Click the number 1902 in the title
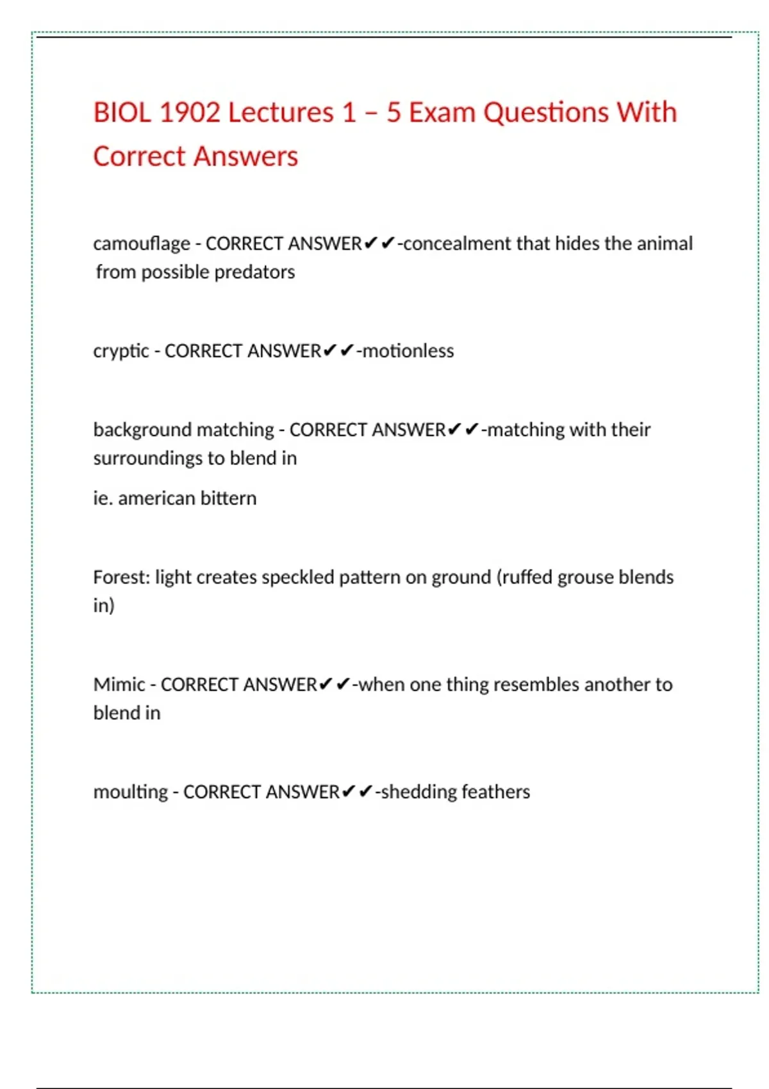pyautogui.click(x=189, y=113)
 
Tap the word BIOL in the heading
pyautogui.click(x=122, y=113)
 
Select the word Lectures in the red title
pyautogui.click(x=281, y=113)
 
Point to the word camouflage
pyautogui.click(x=142, y=244)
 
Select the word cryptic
pyautogui.click(x=120, y=352)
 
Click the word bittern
pyautogui.click(x=228, y=498)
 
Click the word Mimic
pyautogui.click(x=119, y=685)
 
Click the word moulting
pyautogui.click(x=130, y=792)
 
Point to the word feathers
pyautogui.click(x=495, y=792)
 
